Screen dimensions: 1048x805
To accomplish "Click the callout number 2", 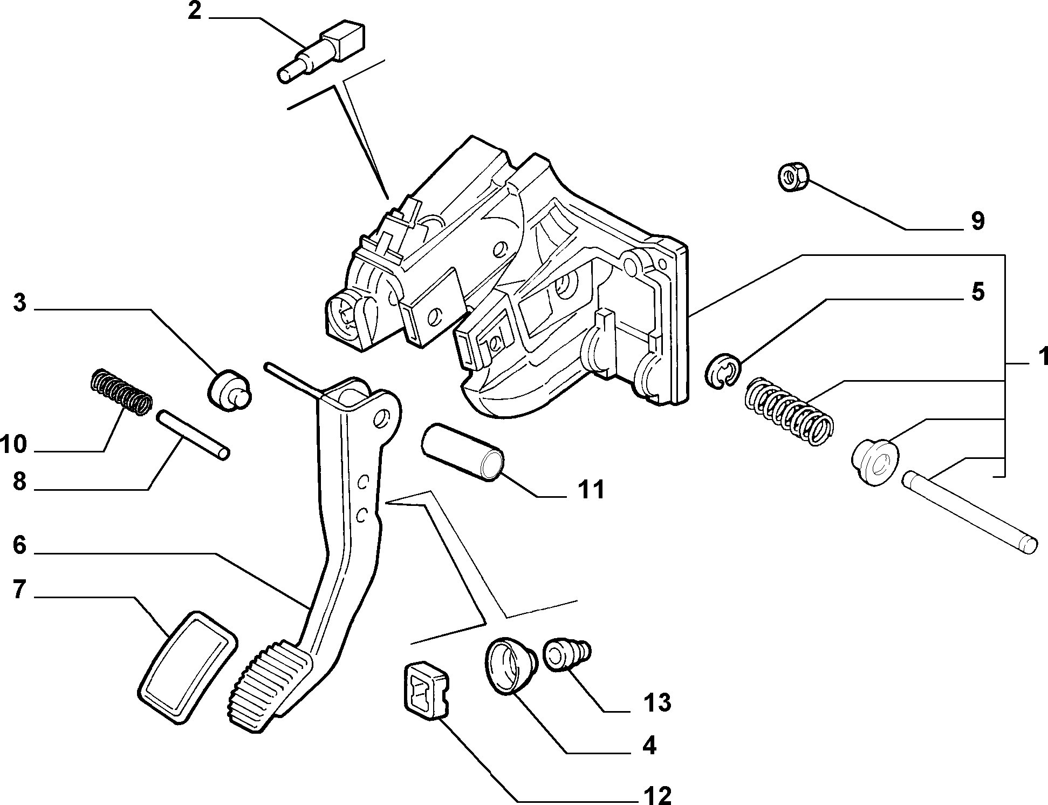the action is pos(194,11).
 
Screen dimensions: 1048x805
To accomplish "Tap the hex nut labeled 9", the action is pos(793,177).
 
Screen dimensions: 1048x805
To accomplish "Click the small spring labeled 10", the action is pos(120,393).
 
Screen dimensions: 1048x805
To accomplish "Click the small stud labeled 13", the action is pos(567,654).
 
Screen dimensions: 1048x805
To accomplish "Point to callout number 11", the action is pos(591,490).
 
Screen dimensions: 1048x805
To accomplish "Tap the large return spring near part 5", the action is pos(789,410).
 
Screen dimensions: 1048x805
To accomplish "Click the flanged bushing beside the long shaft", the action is pos(875,462).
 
